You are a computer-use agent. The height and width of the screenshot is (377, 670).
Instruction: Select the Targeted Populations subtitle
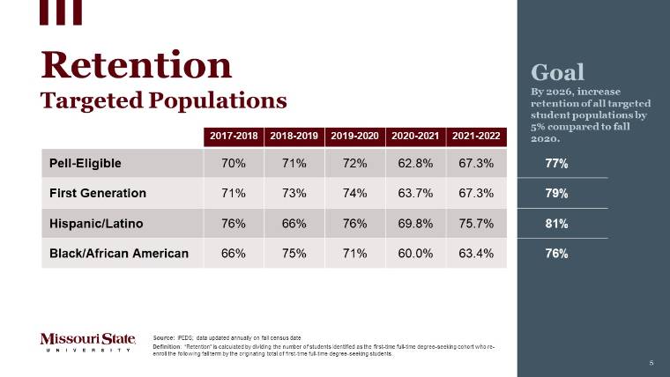tap(164, 100)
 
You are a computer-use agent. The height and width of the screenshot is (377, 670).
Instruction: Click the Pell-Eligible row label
tap(86, 163)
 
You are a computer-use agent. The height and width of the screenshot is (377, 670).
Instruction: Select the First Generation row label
tap(97, 193)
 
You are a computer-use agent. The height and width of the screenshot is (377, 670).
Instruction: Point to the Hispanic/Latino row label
tap(96, 223)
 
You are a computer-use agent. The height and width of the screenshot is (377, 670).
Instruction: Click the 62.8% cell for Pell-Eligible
tap(415, 163)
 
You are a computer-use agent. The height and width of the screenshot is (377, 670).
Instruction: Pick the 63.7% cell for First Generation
tap(415, 193)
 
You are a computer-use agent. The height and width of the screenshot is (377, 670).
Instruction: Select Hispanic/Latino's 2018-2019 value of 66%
tap(294, 223)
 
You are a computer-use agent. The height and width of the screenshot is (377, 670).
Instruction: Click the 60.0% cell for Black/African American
tap(415, 254)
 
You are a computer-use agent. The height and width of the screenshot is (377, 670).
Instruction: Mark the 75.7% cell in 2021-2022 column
tap(476, 223)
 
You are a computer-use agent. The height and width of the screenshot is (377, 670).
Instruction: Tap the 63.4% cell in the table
tap(476, 254)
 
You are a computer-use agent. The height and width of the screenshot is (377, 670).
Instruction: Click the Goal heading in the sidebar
tap(557, 72)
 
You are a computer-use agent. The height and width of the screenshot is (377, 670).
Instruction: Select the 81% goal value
tap(556, 224)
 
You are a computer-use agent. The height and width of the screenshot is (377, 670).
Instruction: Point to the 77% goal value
tap(556, 164)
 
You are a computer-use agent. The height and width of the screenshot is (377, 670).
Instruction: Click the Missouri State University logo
tap(87, 342)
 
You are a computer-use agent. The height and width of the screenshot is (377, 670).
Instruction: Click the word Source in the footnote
tap(163, 338)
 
